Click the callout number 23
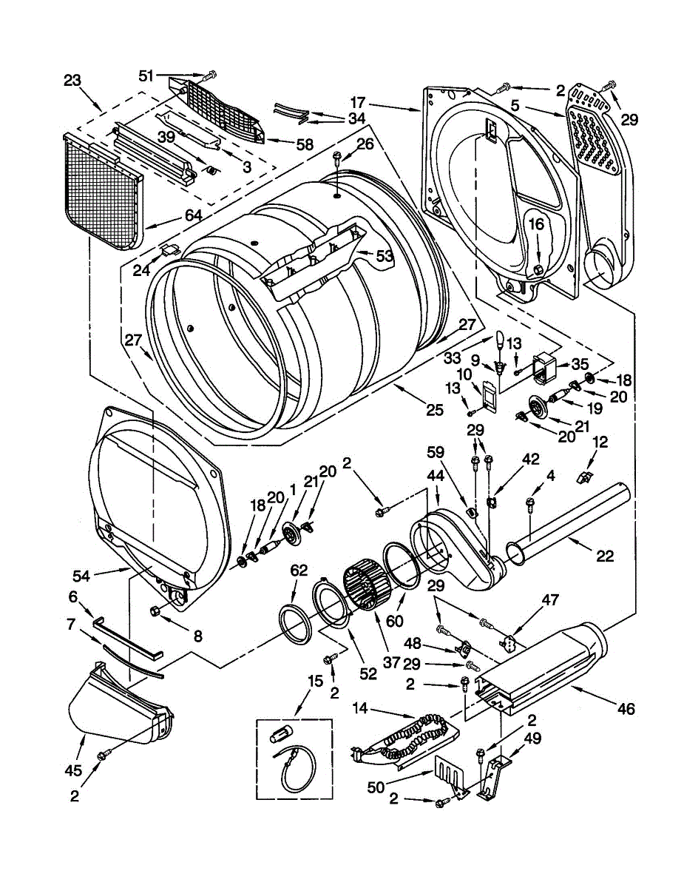[72, 81]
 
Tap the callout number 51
[146, 75]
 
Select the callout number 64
[193, 215]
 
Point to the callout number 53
[385, 256]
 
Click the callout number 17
[357, 102]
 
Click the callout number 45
[74, 770]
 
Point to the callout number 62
[299, 571]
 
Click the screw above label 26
[337, 158]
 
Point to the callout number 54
[82, 576]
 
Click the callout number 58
[304, 144]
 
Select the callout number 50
[376, 787]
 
